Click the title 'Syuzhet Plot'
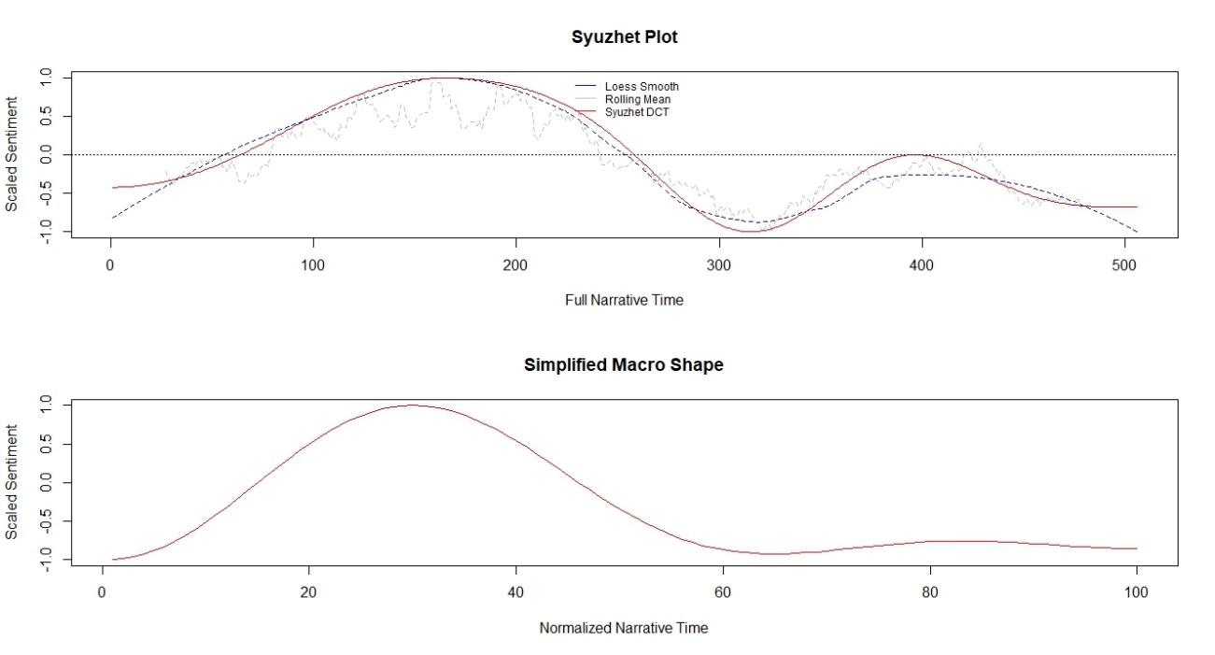click(x=624, y=37)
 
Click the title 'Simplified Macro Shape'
click(x=624, y=365)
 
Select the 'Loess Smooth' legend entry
click(x=641, y=87)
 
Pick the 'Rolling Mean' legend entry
click(x=637, y=99)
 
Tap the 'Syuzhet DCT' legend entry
click(x=637, y=112)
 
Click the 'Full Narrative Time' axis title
click(x=624, y=300)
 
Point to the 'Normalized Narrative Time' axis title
click(x=624, y=628)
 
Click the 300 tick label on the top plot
click(x=719, y=265)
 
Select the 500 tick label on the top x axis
click(x=1124, y=265)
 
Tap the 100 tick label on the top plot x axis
click(x=313, y=265)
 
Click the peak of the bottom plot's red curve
click(x=411, y=406)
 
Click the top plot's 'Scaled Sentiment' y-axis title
click(x=12, y=154)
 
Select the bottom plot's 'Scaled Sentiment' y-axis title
click(x=12, y=482)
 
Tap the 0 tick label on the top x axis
click(x=110, y=265)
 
